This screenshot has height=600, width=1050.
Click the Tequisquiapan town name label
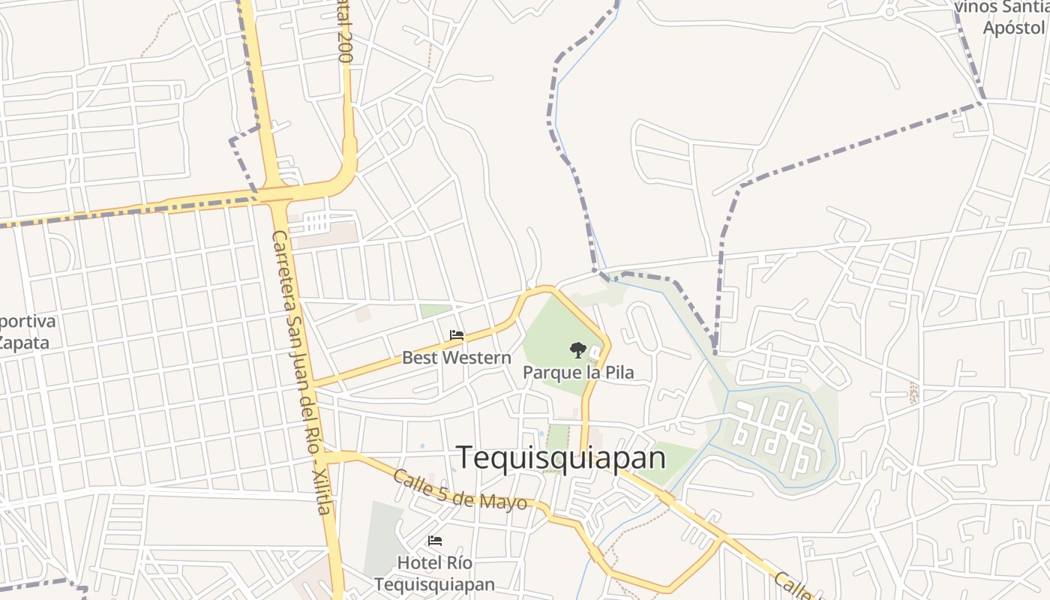(561, 457)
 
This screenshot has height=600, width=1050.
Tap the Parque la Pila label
(577, 372)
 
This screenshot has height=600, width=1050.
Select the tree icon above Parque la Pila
(577, 349)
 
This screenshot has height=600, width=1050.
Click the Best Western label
(456, 358)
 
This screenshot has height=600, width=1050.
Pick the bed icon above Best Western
(456, 335)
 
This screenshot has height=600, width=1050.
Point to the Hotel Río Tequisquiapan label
(434, 574)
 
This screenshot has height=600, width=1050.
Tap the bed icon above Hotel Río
(434, 541)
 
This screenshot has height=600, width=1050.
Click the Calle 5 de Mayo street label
(459, 490)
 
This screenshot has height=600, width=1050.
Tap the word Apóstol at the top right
(1013, 28)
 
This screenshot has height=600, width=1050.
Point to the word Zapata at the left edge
(23, 343)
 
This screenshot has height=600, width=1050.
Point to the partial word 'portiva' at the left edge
(27, 322)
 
